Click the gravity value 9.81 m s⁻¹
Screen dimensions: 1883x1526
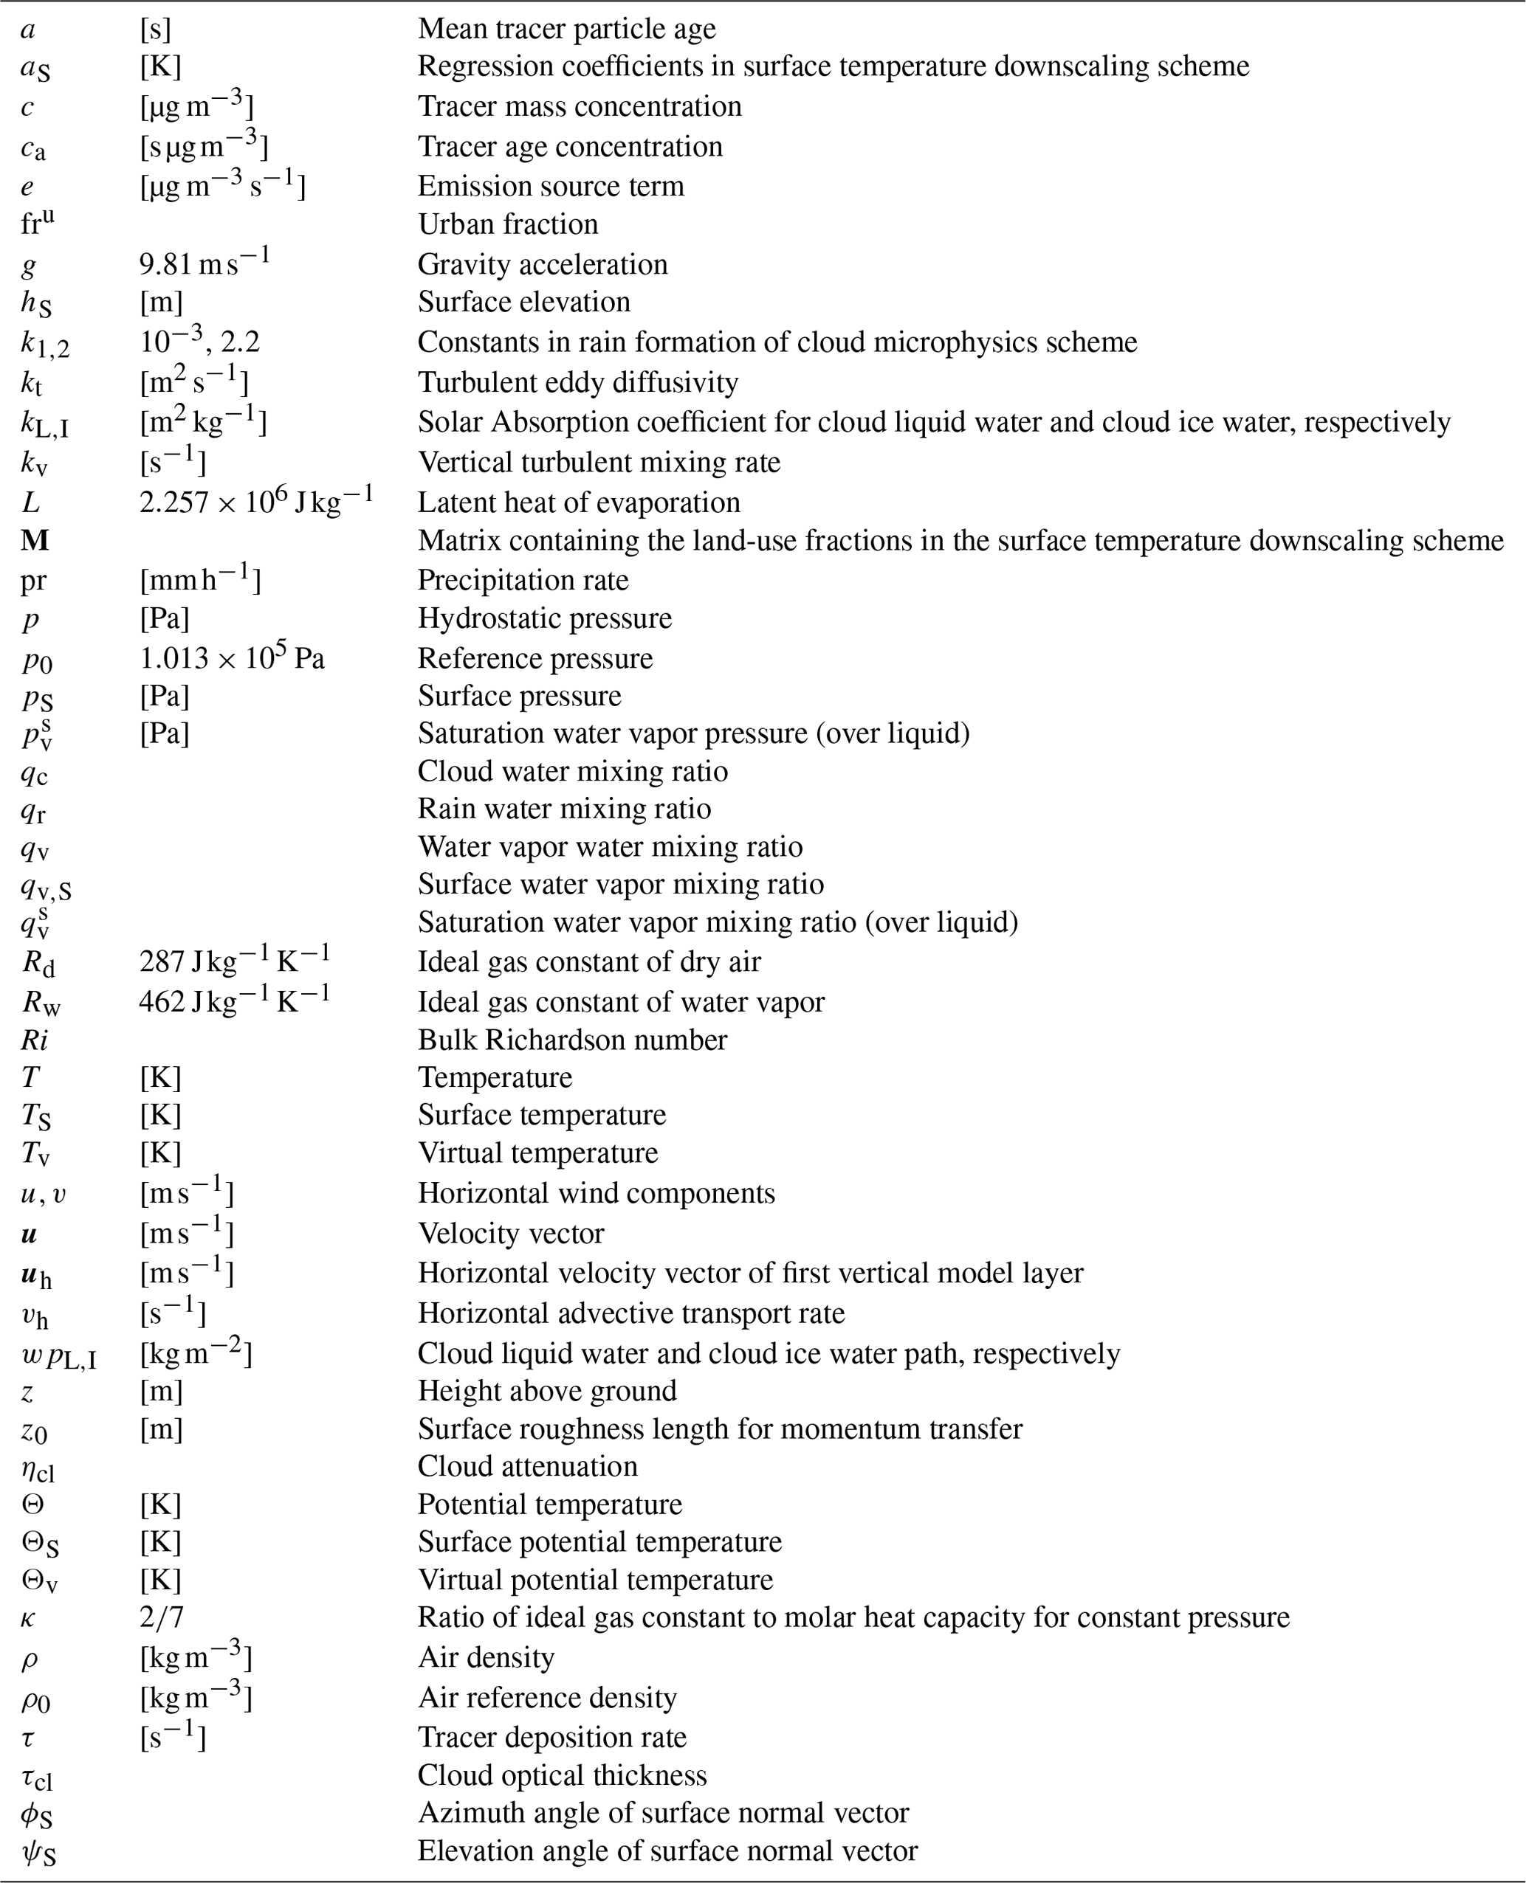coord(204,263)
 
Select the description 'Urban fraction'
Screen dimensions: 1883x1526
coord(507,224)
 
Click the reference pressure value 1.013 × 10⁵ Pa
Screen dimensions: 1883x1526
coord(232,658)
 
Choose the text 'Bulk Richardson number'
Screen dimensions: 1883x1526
coord(572,1040)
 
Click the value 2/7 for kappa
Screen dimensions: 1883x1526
coord(162,1617)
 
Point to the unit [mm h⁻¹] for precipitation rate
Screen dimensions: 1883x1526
coord(199,580)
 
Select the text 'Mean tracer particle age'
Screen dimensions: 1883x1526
coord(566,29)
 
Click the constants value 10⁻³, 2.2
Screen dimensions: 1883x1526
coord(199,341)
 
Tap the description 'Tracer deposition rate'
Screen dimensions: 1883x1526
coord(551,1736)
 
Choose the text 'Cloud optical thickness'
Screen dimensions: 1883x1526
coord(562,1775)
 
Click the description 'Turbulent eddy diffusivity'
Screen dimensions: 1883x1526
coord(577,382)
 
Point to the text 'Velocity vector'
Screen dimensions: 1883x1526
coord(511,1233)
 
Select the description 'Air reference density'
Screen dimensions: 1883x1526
coord(547,1697)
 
